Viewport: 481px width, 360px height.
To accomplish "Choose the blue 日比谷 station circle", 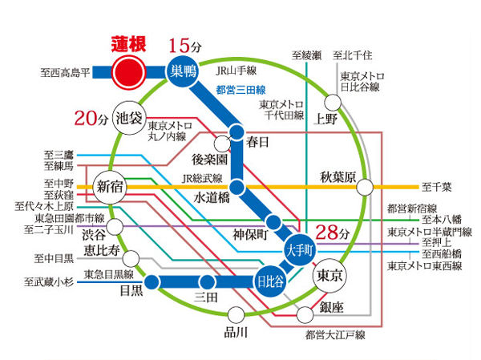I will [269, 281].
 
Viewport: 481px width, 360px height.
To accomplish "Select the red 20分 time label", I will [91, 119].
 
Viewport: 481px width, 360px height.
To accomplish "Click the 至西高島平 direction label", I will [68, 71].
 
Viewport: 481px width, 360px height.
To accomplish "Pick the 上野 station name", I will [326, 120].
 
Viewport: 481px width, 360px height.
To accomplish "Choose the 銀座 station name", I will [329, 308].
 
